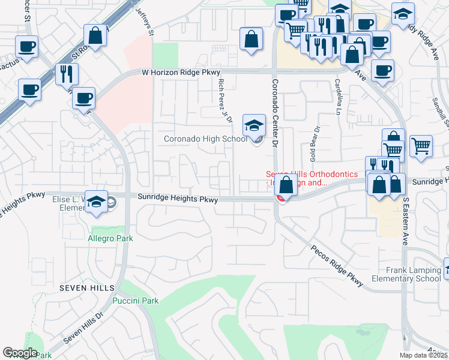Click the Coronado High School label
[x=205, y=139]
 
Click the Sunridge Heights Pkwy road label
[x=176, y=197]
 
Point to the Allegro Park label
[x=111, y=238]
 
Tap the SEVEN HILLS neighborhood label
[x=83, y=288]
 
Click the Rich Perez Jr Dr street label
[x=225, y=100]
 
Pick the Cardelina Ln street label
[x=337, y=97]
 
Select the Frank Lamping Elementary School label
[x=405, y=274]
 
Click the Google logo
[x=20, y=352]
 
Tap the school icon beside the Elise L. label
[x=96, y=202]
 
